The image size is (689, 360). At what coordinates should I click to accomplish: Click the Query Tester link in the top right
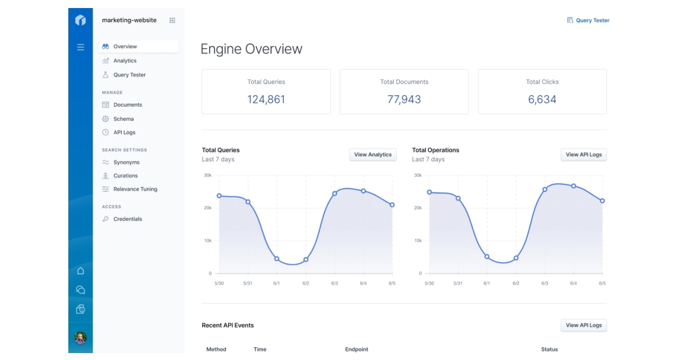click(x=588, y=21)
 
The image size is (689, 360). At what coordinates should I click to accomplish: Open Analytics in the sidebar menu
click(x=125, y=61)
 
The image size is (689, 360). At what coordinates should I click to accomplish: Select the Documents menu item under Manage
click(x=127, y=105)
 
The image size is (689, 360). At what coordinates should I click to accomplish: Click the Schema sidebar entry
click(x=123, y=119)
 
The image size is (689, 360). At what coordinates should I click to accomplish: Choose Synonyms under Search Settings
click(x=126, y=162)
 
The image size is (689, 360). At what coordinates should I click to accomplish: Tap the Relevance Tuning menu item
click(x=135, y=189)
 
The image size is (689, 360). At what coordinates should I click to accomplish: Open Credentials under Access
click(x=127, y=219)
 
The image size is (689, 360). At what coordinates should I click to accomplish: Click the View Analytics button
click(x=373, y=154)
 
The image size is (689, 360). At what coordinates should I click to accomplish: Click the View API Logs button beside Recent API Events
click(x=583, y=325)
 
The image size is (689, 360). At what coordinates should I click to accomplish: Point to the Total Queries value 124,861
click(x=266, y=99)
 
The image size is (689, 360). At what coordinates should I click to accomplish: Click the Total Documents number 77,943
click(x=404, y=99)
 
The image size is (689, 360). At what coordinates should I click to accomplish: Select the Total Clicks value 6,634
click(x=542, y=99)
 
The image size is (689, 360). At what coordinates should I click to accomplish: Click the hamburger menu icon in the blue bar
click(x=80, y=47)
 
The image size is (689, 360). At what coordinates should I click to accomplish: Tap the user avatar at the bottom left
click(x=80, y=338)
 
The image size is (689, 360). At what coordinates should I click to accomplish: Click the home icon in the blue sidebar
click(x=80, y=271)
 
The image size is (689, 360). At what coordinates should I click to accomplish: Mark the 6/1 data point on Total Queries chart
click(x=277, y=259)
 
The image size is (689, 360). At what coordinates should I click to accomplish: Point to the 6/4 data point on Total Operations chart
click(x=573, y=186)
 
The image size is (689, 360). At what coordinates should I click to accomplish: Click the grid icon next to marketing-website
click(x=172, y=21)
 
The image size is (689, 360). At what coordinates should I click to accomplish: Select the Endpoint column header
click(x=357, y=349)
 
